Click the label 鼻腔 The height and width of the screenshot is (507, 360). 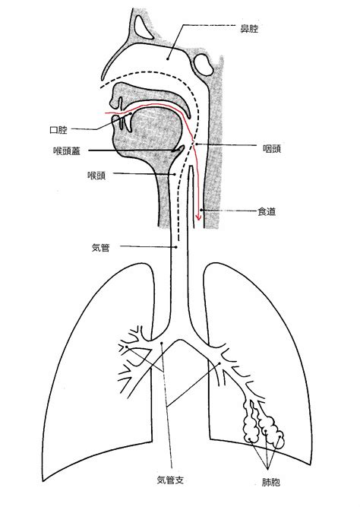click(x=249, y=29)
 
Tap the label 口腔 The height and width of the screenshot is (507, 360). click(x=58, y=130)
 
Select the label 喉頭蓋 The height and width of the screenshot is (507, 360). click(x=67, y=151)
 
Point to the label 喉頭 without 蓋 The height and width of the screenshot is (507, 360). click(x=96, y=176)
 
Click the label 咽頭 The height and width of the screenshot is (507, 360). click(x=271, y=148)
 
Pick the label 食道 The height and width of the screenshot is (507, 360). click(x=267, y=211)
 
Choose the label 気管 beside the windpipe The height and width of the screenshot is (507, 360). click(x=101, y=248)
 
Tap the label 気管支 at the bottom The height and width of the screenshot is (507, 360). click(x=170, y=480)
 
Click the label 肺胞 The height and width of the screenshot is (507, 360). click(x=271, y=483)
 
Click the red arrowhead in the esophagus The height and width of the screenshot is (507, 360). click(x=199, y=217)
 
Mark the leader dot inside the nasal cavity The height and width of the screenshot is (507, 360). click(x=168, y=59)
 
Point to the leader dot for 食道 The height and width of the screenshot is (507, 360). click(x=201, y=210)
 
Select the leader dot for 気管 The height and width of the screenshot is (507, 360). click(x=176, y=247)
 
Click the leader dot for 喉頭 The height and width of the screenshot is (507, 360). click(x=175, y=174)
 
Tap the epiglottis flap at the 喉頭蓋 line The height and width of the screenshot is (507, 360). click(x=178, y=149)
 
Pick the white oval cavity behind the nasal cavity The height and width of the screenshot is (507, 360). click(x=204, y=64)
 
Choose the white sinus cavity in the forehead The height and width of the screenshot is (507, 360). click(x=141, y=26)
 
